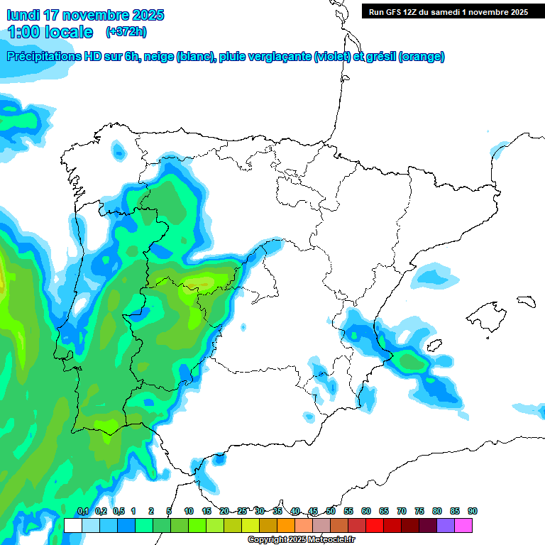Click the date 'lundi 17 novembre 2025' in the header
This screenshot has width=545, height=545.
[x=85, y=15]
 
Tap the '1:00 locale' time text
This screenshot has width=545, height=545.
[x=50, y=32]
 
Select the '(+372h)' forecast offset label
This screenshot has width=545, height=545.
[x=126, y=32]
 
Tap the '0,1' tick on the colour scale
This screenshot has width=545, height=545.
[x=82, y=511]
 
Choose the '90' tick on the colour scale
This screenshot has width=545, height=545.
[x=473, y=511]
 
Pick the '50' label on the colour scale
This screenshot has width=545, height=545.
[x=331, y=511]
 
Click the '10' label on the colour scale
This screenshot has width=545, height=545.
[x=189, y=511]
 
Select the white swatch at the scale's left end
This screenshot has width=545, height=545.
[x=72, y=525]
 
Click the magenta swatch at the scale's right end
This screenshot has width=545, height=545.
[x=463, y=525]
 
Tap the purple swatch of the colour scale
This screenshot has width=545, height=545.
[x=445, y=525]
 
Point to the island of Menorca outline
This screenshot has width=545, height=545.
[x=526, y=301]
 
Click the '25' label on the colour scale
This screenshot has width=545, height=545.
[x=242, y=511]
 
